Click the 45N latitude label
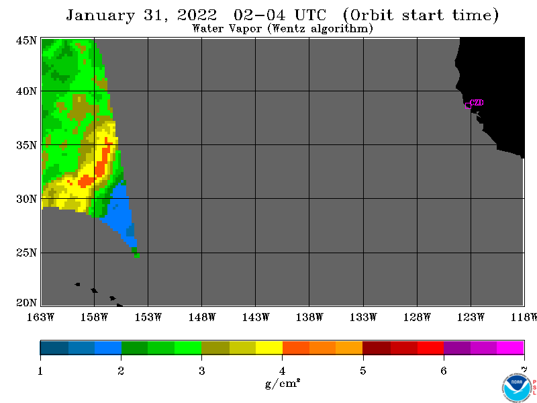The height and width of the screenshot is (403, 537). point(26,40)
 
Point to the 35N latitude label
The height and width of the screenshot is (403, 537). point(26,145)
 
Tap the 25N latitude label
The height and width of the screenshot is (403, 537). point(26,253)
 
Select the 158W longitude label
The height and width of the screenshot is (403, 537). point(94,317)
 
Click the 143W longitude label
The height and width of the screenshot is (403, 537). point(256,317)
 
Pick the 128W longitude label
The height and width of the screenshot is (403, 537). point(417,317)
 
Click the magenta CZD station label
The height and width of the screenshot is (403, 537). point(477,103)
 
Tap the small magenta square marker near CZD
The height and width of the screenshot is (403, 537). point(468,106)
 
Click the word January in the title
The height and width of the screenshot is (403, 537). point(101,15)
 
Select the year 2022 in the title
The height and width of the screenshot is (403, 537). point(197,15)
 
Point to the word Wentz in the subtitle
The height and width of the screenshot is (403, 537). point(289,28)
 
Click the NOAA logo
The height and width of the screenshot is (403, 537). point(517,388)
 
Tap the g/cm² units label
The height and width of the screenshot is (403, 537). point(283,383)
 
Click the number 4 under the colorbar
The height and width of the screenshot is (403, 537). point(282,371)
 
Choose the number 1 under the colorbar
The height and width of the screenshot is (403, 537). point(40,371)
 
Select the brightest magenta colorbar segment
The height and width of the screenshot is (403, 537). point(510,347)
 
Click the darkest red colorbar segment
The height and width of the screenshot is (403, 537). point(377,347)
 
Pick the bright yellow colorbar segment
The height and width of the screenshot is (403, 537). point(269,347)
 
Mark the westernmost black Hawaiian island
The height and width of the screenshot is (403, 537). point(78,284)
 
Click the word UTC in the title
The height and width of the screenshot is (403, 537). point(310,15)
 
